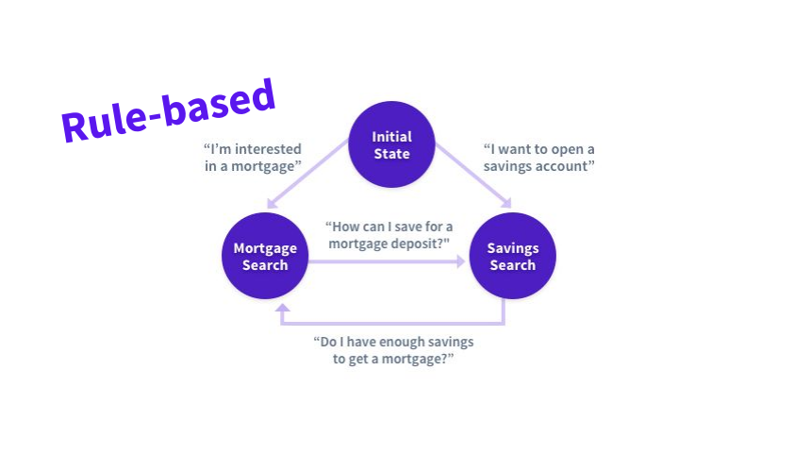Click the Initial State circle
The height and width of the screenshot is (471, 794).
coord(391,144)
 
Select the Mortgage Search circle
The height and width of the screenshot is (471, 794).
coord(264,257)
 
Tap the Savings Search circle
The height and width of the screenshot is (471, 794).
coord(512,257)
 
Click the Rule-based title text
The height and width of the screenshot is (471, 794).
coord(169,110)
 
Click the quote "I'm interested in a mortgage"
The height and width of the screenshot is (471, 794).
coord(253,158)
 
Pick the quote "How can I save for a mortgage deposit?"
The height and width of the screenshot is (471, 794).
coord(389,235)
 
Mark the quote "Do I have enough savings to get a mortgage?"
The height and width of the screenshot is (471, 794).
coord(392,350)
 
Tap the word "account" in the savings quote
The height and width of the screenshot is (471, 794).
coord(569,167)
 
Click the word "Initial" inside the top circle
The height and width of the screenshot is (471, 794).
coord(391,137)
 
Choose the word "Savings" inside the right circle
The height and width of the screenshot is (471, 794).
coord(512,248)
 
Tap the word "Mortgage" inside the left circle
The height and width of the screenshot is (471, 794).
coord(265,248)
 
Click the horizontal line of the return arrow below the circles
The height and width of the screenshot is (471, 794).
coord(392,324)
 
